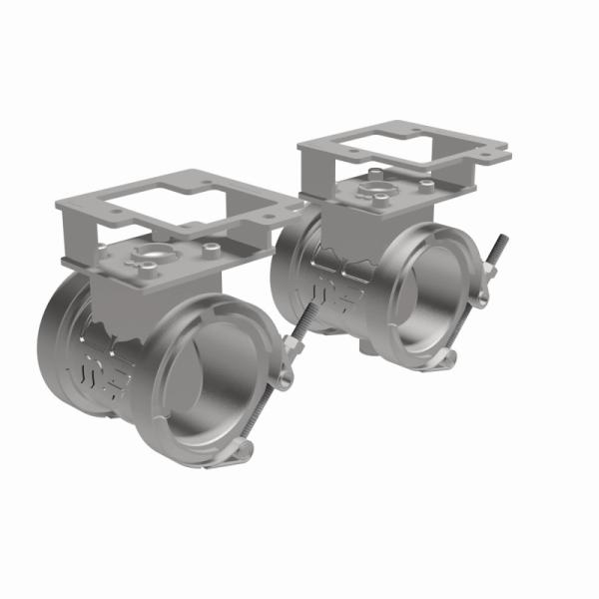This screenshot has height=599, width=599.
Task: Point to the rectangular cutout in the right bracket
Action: click(x=399, y=147)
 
